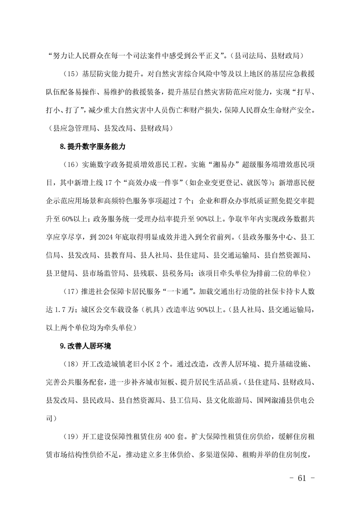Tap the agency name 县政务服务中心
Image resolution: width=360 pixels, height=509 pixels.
click(270, 236)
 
